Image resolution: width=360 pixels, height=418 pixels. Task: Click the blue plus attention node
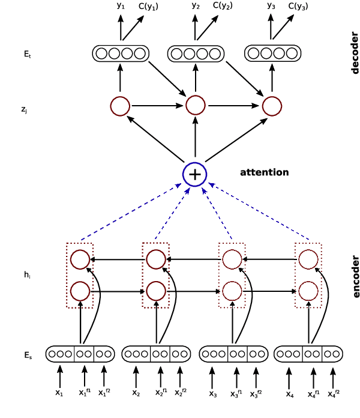[194, 174]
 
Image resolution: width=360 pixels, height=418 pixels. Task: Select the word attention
[264, 172]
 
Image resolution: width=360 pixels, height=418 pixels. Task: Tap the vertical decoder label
[354, 52]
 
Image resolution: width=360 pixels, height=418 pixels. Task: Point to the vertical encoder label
[354, 277]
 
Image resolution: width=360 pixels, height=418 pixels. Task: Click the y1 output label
[121, 6]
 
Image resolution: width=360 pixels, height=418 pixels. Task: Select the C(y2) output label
[223, 6]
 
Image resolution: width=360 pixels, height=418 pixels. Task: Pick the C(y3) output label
[298, 7]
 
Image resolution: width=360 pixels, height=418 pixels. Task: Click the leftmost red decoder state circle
[120, 106]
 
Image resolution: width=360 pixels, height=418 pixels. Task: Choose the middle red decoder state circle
[196, 106]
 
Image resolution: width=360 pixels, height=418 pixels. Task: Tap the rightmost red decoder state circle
[272, 106]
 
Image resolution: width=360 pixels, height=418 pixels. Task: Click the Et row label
[27, 54]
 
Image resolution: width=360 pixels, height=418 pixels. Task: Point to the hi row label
[27, 275]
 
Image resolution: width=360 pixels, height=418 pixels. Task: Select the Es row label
[28, 356]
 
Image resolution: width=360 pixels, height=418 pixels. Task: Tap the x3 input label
[212, 394]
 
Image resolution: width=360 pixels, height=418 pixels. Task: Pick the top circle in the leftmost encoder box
[80, 259]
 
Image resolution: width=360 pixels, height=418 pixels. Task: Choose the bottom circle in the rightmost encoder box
[308, 291]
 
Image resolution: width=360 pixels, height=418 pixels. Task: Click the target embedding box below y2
[196, 53]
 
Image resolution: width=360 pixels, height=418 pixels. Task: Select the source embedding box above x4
[308, 354]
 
